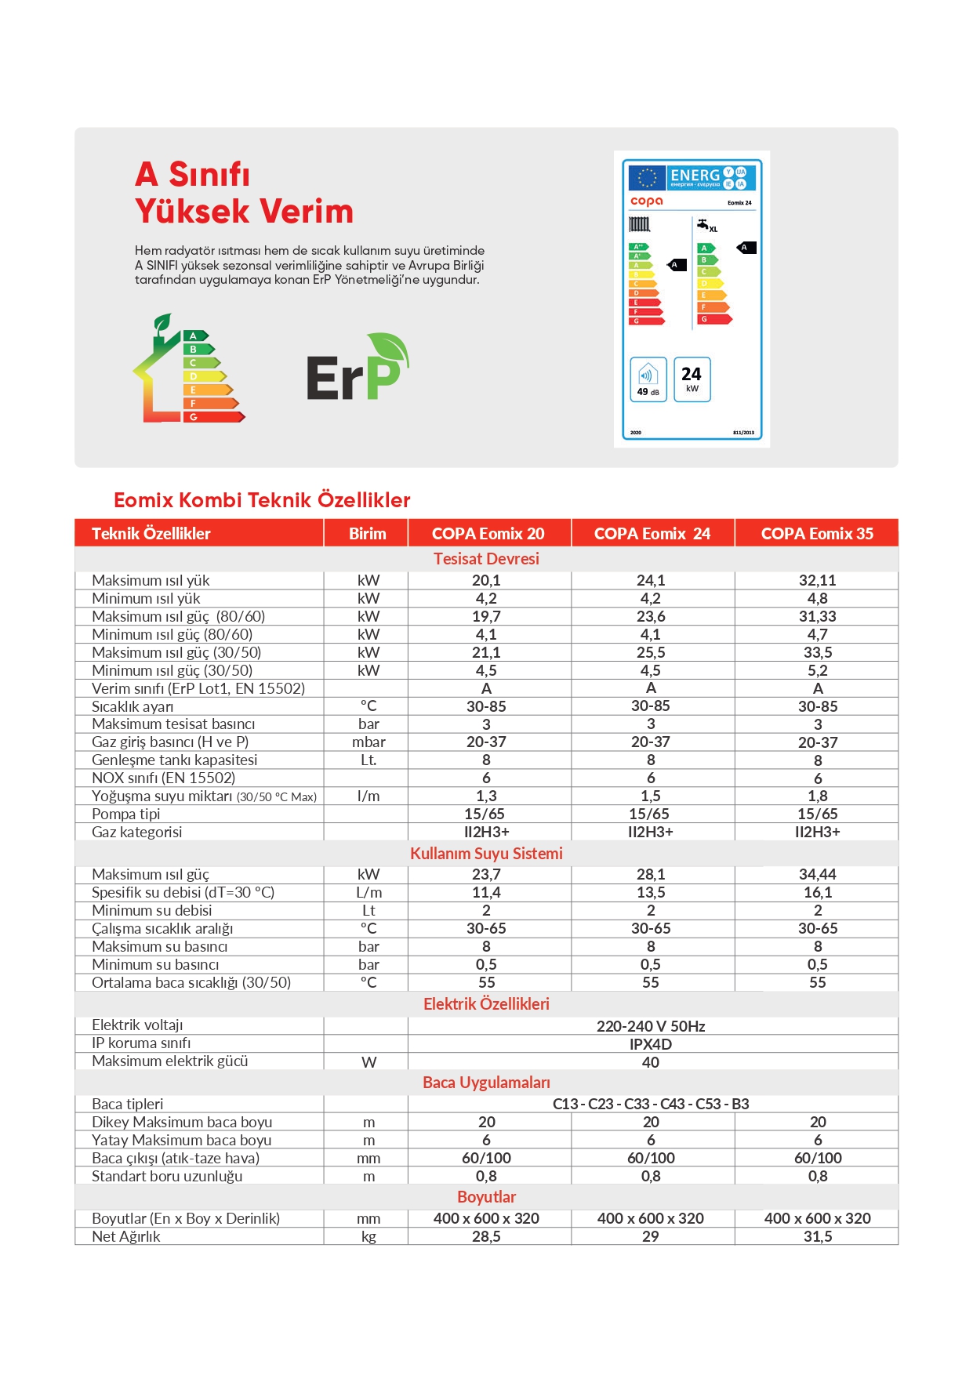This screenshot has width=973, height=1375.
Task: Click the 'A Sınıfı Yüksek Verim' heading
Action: point(244,193)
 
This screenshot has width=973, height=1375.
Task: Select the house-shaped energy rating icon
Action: point(188,369)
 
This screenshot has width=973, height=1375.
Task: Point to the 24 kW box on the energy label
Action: point(692,379)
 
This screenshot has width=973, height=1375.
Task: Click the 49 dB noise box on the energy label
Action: point(648,379)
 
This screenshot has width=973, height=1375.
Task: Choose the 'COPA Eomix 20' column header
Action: point(488,534)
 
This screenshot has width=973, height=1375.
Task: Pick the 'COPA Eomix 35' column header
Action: point(817,534)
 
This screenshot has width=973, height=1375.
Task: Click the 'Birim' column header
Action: point(367,534)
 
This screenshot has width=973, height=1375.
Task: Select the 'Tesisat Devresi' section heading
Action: point(486,559)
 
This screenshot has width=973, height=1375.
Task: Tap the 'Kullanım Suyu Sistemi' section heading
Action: point(486,854)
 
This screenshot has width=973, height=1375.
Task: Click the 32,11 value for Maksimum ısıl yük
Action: point(817,581)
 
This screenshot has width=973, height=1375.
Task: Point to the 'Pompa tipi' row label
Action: point(126,814)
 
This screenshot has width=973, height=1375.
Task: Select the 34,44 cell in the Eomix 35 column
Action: point(817,875)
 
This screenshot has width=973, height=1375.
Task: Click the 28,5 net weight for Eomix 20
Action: point(486,1237)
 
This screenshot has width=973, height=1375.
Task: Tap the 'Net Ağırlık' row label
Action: point(126,1237)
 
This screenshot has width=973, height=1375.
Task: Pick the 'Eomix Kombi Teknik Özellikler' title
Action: point(262,500)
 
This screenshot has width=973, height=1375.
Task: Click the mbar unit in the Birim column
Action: point(369,742)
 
